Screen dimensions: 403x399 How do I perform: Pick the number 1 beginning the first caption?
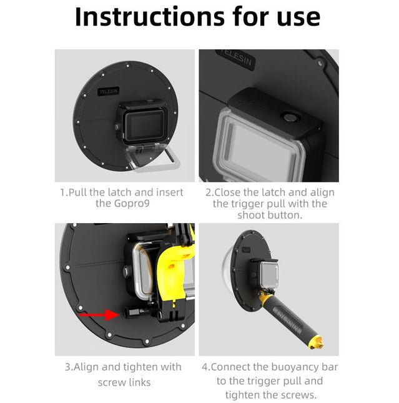click(62, 192)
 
